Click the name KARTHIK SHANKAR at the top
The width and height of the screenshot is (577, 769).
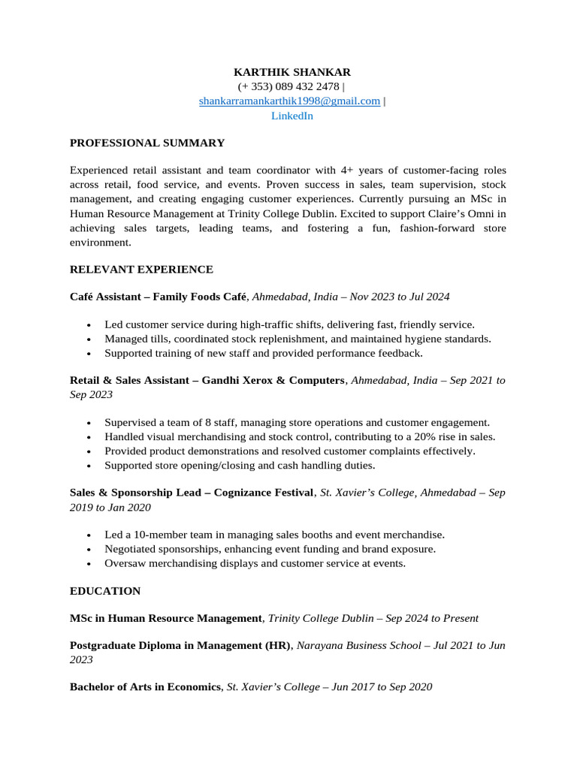point(292,72)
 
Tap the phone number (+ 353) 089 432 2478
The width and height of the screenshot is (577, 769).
point(288,86)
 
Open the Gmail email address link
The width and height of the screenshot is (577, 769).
point(289,101)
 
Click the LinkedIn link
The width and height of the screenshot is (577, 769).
point(292,116)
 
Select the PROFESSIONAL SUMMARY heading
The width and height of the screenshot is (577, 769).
point(147,143)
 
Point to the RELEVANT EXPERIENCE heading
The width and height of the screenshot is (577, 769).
point(141,269)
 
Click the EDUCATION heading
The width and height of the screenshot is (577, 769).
point(105,591)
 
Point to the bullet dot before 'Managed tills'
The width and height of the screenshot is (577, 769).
point(89,339)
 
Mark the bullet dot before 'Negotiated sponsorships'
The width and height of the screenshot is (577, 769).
point(89,550)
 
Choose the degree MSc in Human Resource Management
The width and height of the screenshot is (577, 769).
point(165,618)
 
